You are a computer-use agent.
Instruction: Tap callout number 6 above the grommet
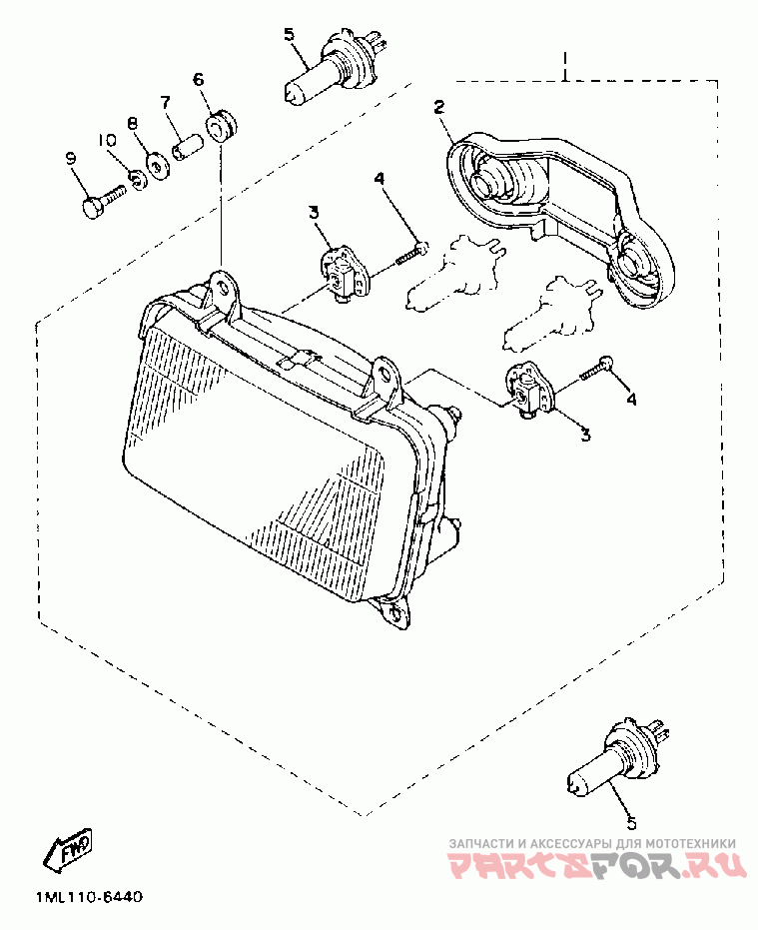198,78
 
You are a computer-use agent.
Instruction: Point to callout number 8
132,123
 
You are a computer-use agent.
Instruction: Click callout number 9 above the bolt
71,158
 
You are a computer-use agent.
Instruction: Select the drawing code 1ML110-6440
88,897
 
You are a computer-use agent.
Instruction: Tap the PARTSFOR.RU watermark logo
596,865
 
